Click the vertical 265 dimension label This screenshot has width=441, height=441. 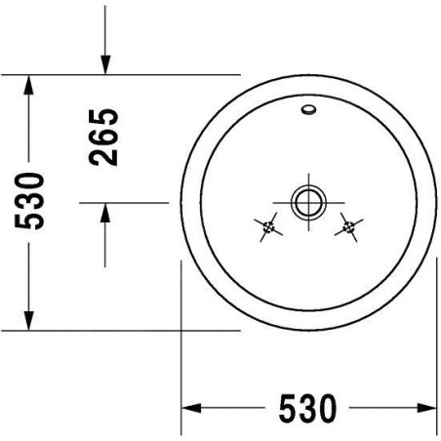(103, 138)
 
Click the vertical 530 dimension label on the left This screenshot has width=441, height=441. (29, 201)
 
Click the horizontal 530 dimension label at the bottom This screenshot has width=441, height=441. (307, 408)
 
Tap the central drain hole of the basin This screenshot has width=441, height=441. (308, 202)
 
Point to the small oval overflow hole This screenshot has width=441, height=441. (308, 109)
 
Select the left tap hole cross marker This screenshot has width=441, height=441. (268, 227)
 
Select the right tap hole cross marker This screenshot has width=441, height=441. (348, 227)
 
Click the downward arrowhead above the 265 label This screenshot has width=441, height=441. (105, 64)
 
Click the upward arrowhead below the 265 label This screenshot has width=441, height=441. (105, 213)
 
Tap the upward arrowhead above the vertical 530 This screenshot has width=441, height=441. (28, 85)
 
